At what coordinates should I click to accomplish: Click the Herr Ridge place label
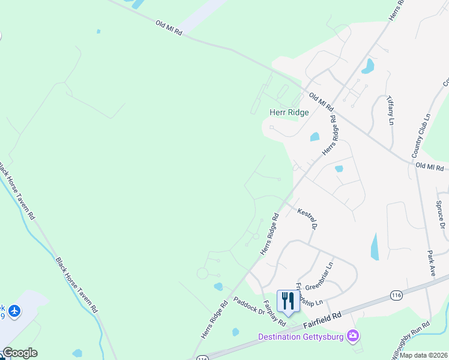289,112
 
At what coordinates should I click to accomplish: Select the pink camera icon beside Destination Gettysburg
354,336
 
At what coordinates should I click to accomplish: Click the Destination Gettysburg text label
301,337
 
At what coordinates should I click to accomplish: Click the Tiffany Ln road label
390,109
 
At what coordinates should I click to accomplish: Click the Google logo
19,353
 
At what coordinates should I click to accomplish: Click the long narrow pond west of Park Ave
375,247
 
